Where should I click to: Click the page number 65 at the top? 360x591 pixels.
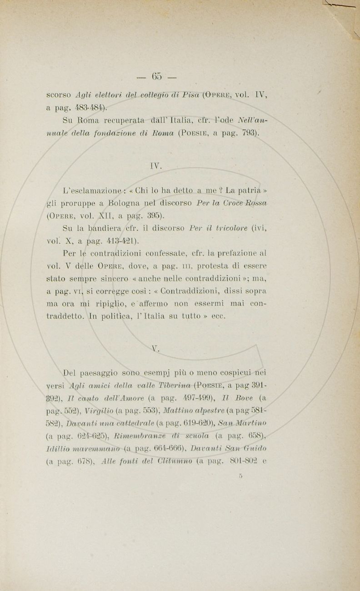coord(158,75)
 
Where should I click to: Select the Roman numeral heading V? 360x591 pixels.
coord(156,349)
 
